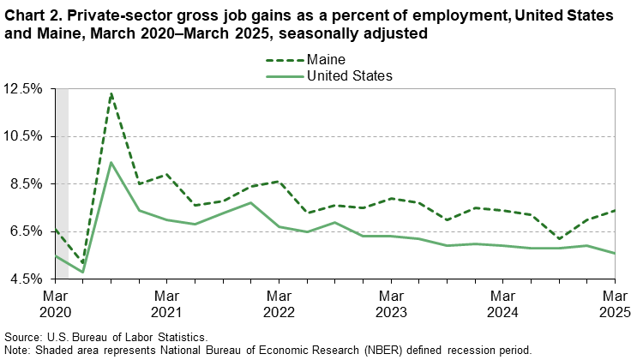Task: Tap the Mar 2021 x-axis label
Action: (166, 303)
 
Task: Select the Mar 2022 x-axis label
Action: (279, 303)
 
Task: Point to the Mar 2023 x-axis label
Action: (391, 303)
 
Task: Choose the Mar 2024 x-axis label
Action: (503, 303)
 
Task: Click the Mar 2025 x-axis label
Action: (615, 303)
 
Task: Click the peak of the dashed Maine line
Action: (111, 93)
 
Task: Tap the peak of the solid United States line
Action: (111, 162)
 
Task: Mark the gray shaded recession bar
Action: (61, 183)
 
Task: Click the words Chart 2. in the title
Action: (32, 15)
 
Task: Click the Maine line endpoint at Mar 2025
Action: (615, 210)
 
